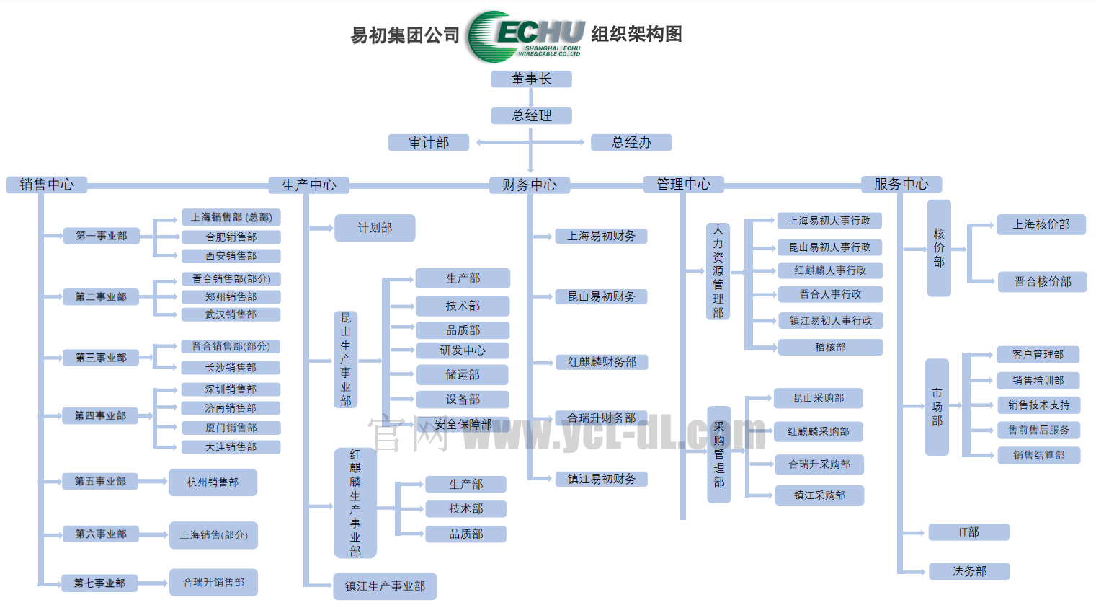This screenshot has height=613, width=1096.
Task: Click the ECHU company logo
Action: pyautogui.click(x=525, y=36)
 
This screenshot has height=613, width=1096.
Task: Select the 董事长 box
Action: pyautogui.click(x=531, y=79)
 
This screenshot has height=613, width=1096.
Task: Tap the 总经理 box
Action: pyautogui.click(x=531, y=115)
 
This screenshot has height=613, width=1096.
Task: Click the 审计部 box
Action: pyautogui.click(x=428, y=142)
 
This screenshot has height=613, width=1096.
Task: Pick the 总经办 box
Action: pyautogui.click(x=631, y=142)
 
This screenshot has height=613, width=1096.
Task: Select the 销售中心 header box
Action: pyautogui.click(x=47, y=185)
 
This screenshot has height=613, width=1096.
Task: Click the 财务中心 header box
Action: pyautogui.click(x=530, y=185)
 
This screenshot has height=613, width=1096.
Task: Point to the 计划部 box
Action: pyautogui.click(x=375, y=228)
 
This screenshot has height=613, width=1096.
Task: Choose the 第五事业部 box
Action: pyautogui.click(x=100, y=481)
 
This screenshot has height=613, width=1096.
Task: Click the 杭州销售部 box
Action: pyautogui.click(x=213, y=482)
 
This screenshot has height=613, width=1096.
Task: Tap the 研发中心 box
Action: pyautogui.click(x=463, y=350)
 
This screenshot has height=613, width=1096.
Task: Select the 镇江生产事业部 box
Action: pyautogui.click(x=385, y=586)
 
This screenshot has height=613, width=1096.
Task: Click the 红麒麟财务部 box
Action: pyautogui.click(x=602, y=362)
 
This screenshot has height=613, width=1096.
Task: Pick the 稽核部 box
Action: pyautogui.click(x=830, y=347)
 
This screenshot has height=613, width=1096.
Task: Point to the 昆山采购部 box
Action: pyautogui.click(x=818, y=398)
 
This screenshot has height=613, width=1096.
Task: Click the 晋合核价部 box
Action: pyautogui.click(x=1042, y=281)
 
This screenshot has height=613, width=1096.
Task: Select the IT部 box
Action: pyautogui.click(x=968, y=532)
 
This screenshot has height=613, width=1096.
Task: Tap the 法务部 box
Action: pyautogui.click(x=969, y=571)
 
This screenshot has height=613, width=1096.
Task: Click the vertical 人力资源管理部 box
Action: pyautogui.click(x=718, y=271)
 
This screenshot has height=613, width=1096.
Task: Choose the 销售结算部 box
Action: pyautogui.click(x=1038, y=455)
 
